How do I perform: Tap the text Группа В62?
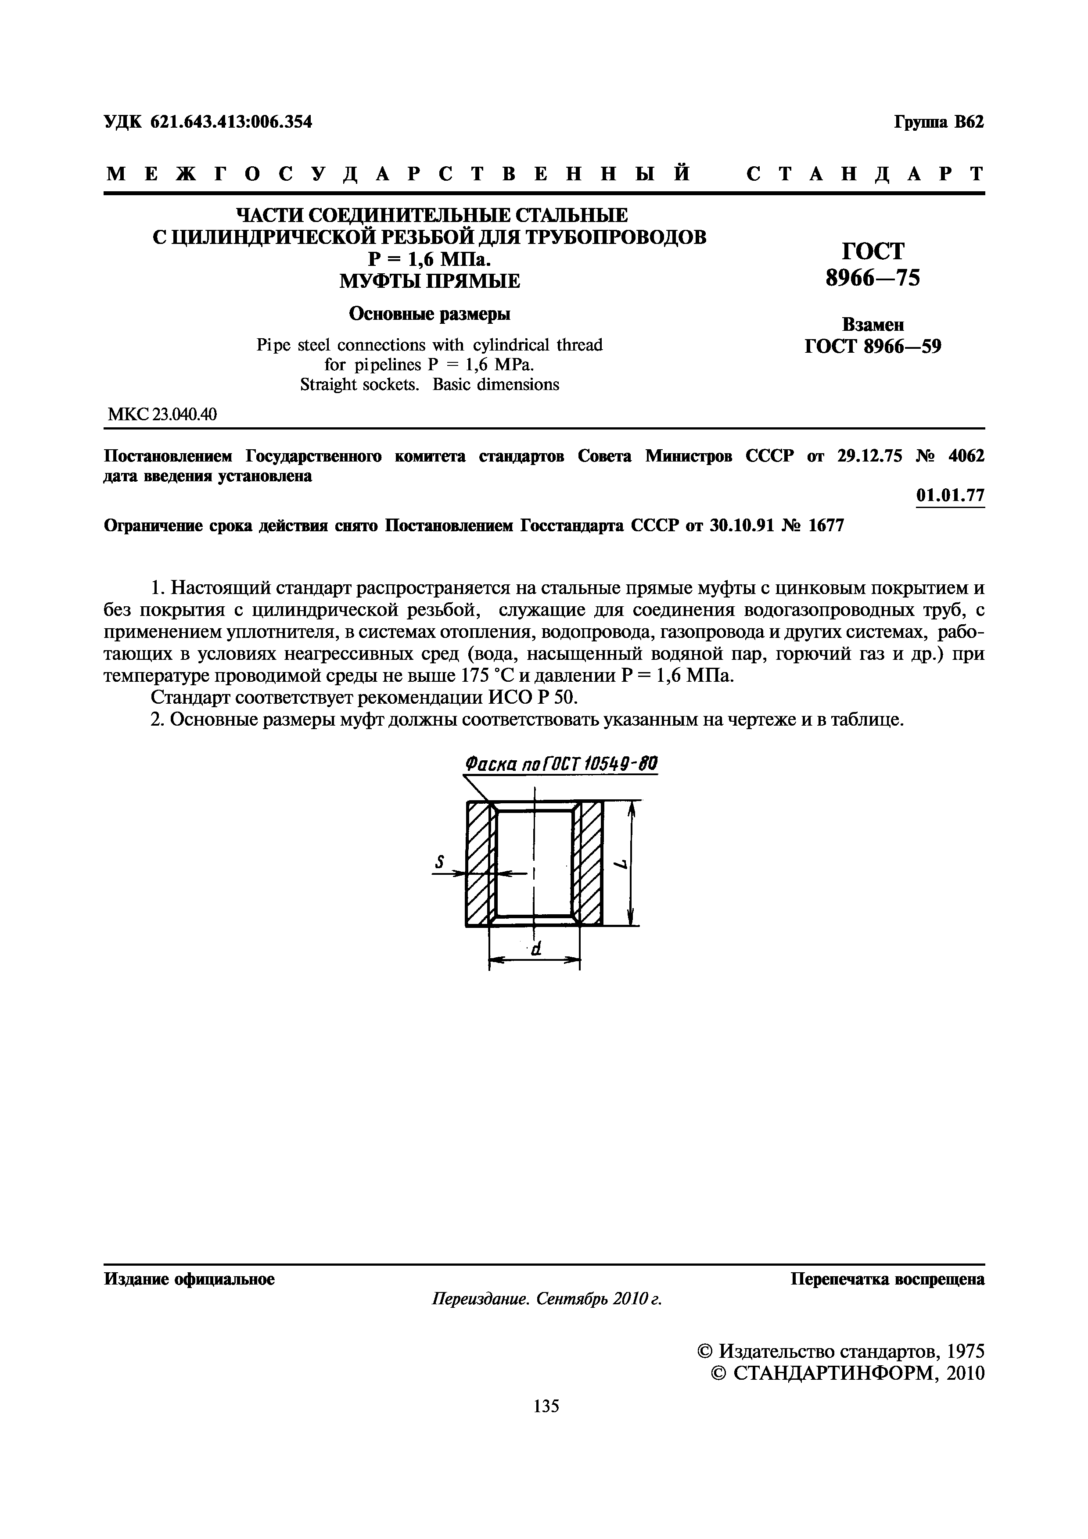[x=938, y=123]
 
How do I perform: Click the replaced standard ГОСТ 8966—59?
[x=873, y=347]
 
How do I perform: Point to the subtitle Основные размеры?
[x=430, y=314]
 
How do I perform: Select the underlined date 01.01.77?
[x=950, y=496]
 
